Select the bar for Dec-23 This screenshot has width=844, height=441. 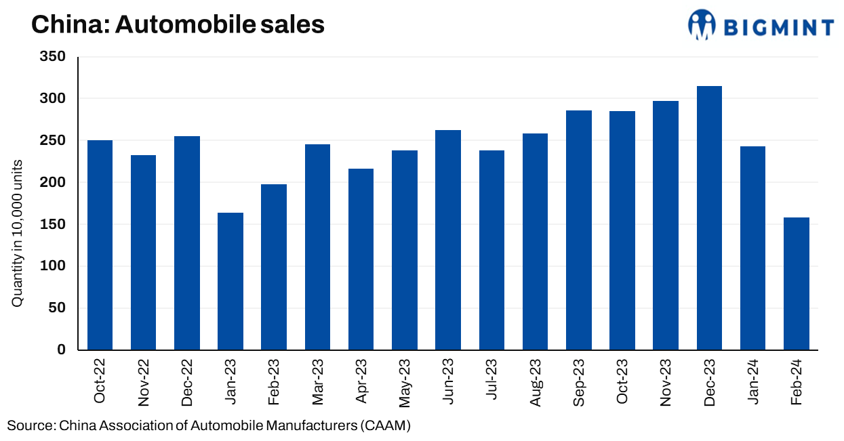[x=709, y=218]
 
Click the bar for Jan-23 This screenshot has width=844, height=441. [x=230, y=281]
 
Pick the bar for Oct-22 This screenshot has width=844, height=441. [x=100, y=245]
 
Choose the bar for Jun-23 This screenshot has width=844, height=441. [x=448, y=240]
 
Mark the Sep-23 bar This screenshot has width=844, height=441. [x=579, y=230]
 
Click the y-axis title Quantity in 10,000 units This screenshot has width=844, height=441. [x=18, y=234]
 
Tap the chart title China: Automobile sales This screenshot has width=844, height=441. [x=178, y=25]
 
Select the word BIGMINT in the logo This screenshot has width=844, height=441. [x=778, y=27]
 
